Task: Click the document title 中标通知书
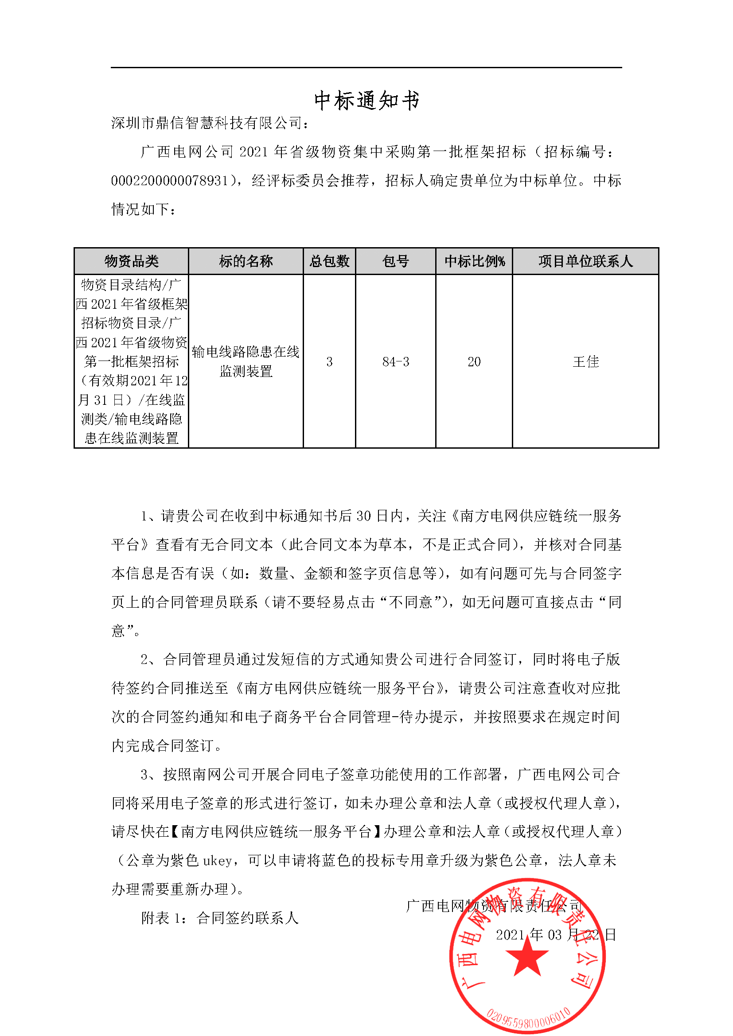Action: (x=366, y=100)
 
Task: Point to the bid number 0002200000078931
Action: (x=170, y=180)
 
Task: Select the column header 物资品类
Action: (x=131, y=261)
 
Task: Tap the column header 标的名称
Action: (x=246, y=261)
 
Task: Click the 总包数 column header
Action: (x=329, y=261)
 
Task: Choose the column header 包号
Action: (x=395, y=261)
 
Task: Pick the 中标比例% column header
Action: (x=474, y=261)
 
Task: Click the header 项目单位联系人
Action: (x=585, y=261)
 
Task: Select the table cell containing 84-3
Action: (x=395, y=361)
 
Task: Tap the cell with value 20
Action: (x=474, y=361)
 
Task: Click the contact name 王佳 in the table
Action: (x=585, y=361)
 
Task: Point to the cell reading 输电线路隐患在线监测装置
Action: (x=246, y=361)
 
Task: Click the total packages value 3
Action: (x=329, y=361)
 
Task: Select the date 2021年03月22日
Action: (x=556, y=935)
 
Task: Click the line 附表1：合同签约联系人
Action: (x=220, y=918)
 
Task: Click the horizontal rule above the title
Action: (x=366, y=68)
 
